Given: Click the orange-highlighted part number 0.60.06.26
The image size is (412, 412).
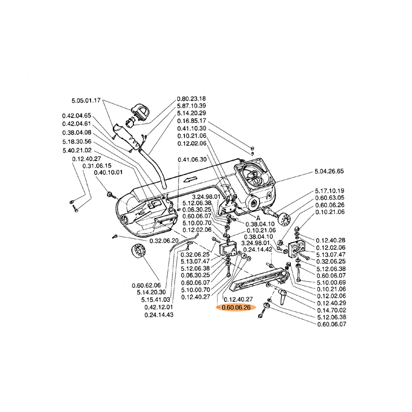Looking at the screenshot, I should [x=235, y=307].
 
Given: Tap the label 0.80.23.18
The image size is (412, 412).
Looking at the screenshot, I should [x=191, y=98].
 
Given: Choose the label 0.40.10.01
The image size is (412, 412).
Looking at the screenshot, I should [x=108, y=173].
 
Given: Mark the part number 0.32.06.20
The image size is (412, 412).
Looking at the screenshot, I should [x=164, y=241].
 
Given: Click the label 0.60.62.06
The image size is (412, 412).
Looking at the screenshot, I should [x=146, y=285].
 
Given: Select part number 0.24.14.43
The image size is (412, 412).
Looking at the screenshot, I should [x=159, y=315].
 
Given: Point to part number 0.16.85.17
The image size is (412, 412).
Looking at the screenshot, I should [x=191, y=121].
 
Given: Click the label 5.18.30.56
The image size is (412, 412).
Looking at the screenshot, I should [x=77, y=142].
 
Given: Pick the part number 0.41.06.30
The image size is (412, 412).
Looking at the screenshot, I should [x=192, y=160].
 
